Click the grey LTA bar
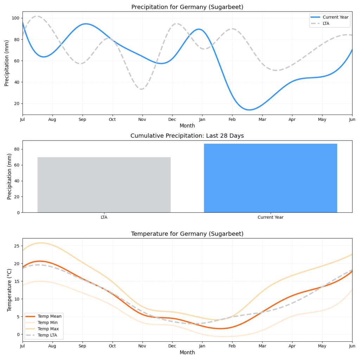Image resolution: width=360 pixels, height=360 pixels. coord(104,185)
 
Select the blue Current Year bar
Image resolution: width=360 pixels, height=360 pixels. coord(270,178)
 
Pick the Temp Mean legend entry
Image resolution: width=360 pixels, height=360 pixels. coord(49,316)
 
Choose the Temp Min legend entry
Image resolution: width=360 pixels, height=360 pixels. coord(48,323)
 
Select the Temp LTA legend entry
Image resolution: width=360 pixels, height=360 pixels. coord(48,335)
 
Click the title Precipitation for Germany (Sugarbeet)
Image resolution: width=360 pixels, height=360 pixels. coord(187,7)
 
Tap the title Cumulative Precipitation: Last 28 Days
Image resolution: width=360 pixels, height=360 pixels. coord(187,136)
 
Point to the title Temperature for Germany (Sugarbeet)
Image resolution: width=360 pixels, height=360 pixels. coord(187,234)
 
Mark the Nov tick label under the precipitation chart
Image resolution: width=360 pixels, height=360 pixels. coord(142,120)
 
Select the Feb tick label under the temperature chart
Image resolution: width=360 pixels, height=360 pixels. coord(232,346)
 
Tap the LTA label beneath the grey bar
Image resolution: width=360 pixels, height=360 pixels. coord(104,217)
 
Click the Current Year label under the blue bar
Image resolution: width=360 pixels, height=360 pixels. coord(270,217)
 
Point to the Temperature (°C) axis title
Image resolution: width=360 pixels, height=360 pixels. coord(10,290)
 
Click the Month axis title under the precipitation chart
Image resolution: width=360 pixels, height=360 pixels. coord(187,126)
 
